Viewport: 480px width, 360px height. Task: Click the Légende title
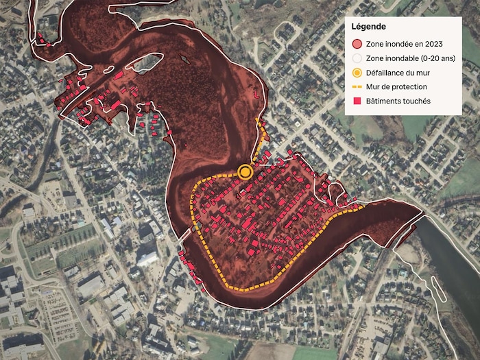point(368,27)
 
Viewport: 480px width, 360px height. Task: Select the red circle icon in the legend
point(357,44)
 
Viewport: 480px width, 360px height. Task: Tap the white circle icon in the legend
point(357,58)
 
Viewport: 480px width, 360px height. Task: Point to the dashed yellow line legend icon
point(357,87)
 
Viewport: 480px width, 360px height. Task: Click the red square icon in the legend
point(357,101)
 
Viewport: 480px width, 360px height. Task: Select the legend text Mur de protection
point(397,87)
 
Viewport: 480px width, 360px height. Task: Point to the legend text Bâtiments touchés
point(398,101)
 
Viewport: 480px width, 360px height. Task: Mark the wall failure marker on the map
point(245,171)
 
